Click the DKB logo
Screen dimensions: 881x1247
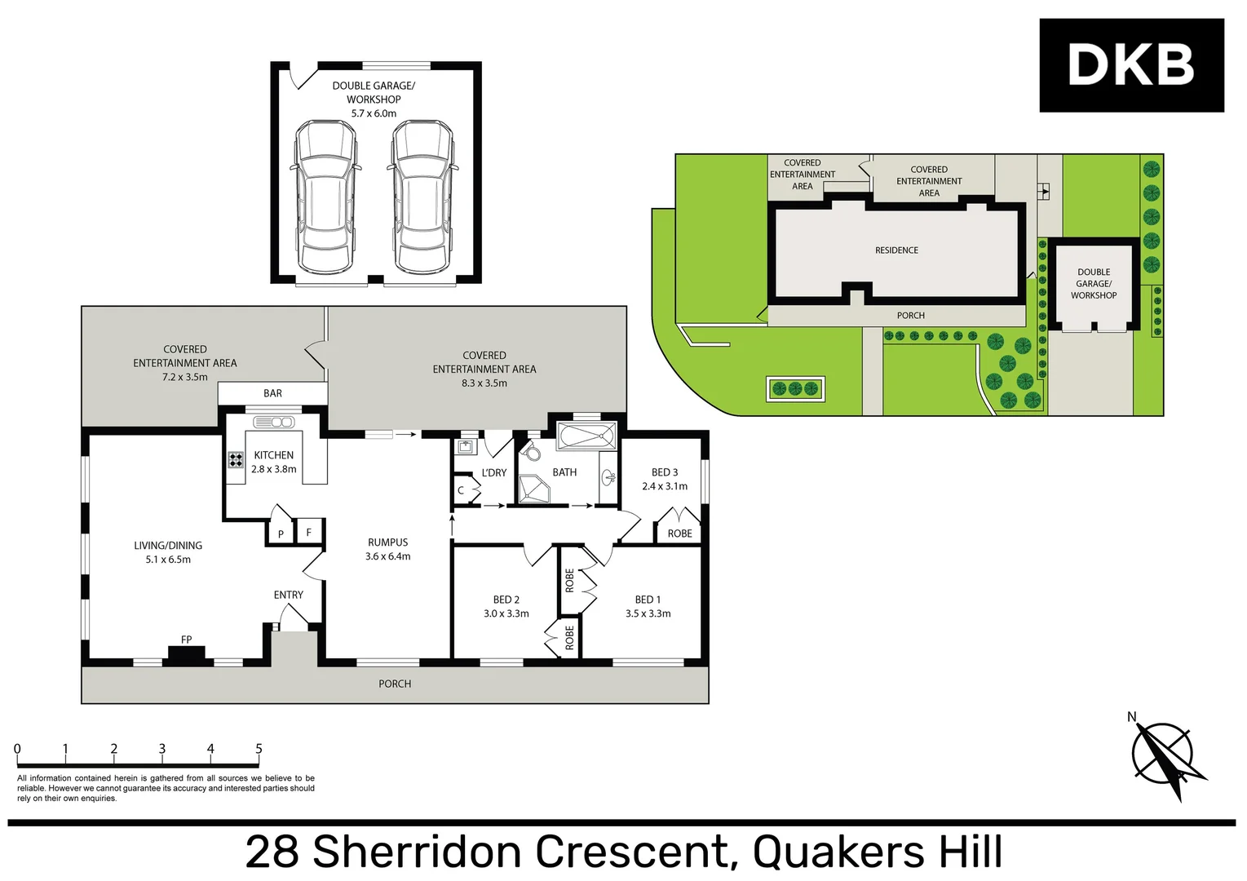tap(1130, 65)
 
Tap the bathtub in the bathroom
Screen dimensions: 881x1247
tap(586, 436)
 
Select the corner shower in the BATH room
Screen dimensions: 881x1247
tap(534, 489)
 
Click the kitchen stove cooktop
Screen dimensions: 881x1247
tap(236, 460)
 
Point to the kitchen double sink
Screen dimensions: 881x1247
tap(274, 422)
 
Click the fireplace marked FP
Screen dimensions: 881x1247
tap(186, 654)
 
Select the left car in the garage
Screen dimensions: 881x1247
tap(325, 197)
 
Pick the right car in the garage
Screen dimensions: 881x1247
tap(422, 197)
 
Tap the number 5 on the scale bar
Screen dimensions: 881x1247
tap(259, 749)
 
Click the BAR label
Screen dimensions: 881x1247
tap(272, 393)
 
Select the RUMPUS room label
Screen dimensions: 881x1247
tap(387, 542)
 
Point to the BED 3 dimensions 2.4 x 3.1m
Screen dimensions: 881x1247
tap(664, 486)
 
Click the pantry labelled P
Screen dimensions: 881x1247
tap(281, 534)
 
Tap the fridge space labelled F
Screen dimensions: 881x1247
tap(308, 533)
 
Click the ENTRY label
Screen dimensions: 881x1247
tap(288, 595)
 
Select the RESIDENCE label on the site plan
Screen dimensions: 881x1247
tap(896, 250)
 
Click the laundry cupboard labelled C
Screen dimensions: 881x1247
tap(461, 490)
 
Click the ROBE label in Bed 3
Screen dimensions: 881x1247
tap(679, 533)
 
